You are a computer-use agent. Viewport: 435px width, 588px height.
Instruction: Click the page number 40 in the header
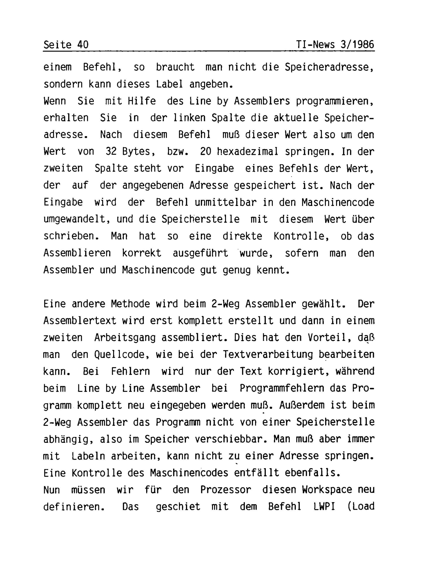(x=83, y=45)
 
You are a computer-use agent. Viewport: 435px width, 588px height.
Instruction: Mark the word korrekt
(x=141, y=253)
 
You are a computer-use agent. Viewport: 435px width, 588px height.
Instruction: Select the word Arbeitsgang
(x=125, y=338)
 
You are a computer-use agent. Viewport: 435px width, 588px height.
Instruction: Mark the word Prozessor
(x=226, y=490)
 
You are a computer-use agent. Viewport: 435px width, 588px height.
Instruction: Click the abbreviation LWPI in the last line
(x=325, y=507)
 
